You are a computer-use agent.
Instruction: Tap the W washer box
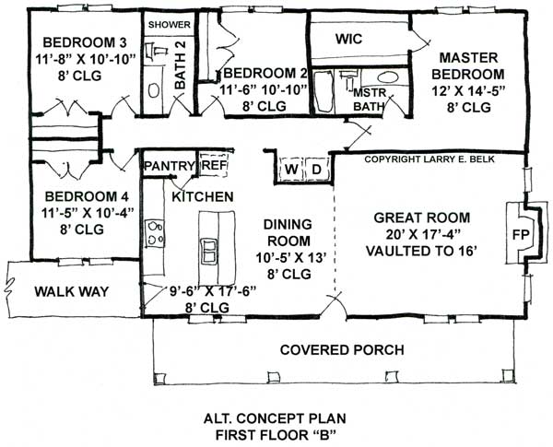290,170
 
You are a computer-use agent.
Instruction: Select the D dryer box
315,170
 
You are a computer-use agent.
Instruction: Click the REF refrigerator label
213,164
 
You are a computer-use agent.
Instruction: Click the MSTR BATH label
369,100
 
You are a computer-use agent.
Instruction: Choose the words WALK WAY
72,292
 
